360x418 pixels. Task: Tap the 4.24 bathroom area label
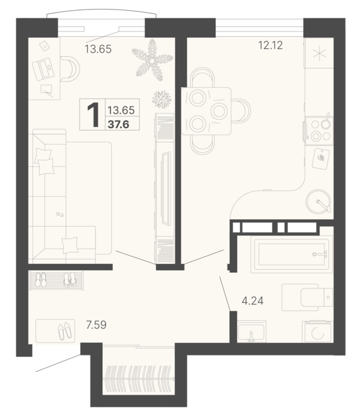[x=252, y=301]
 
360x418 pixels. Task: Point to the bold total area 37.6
[x=119, y=123]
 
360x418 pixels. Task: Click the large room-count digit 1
[x=93, y=116]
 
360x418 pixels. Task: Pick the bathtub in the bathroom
[x=291, y=254]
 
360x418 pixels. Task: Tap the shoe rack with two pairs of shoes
[x=56, y=280]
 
